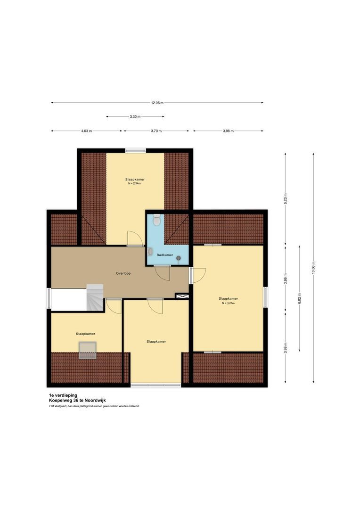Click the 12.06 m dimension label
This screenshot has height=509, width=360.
click(x=157, y=103)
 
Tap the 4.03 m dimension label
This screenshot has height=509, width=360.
click(x=86, y=131)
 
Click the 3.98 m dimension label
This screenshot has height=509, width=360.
click(x=228, y=131)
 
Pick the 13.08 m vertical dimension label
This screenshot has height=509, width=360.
click(x=313, y=268)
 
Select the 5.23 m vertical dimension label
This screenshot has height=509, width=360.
click(x=285, y=197)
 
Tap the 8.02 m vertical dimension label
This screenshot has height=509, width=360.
click(x=299, y=299)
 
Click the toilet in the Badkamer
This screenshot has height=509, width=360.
click(x=156, y=220)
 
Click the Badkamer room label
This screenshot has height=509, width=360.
click(x=165, y=255)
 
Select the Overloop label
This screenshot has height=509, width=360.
click(x=123, y=273)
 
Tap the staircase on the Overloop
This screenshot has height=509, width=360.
click(x=95, y=297)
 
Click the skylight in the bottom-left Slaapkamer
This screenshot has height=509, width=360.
click(x=87, y=350)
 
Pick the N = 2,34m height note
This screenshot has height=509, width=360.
click(x=134, y=184)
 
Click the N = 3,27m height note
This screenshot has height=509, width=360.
click(x=228, y=303)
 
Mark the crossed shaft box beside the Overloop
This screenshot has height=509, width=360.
click(x=181, y=296)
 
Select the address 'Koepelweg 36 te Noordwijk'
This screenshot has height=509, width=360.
click(x=77, y=401)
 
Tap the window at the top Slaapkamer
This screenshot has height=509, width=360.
click(x=135, y=150)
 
